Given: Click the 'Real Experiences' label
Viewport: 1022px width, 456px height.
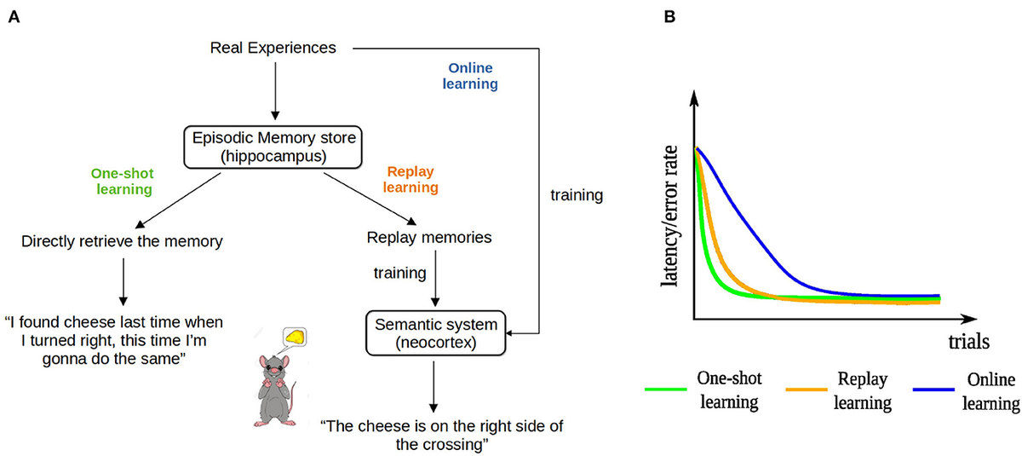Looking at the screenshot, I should click(273, 48).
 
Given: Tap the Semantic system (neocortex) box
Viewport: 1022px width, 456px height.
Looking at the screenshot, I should click(436, 332).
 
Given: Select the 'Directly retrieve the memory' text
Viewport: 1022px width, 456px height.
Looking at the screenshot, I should click(122, 241).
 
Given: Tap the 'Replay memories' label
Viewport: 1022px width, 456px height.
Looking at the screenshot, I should click(429, 238).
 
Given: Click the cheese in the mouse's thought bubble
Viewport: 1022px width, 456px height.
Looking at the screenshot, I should click(296, 337).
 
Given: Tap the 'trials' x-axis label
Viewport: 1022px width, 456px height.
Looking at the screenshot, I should click(968, 343).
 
